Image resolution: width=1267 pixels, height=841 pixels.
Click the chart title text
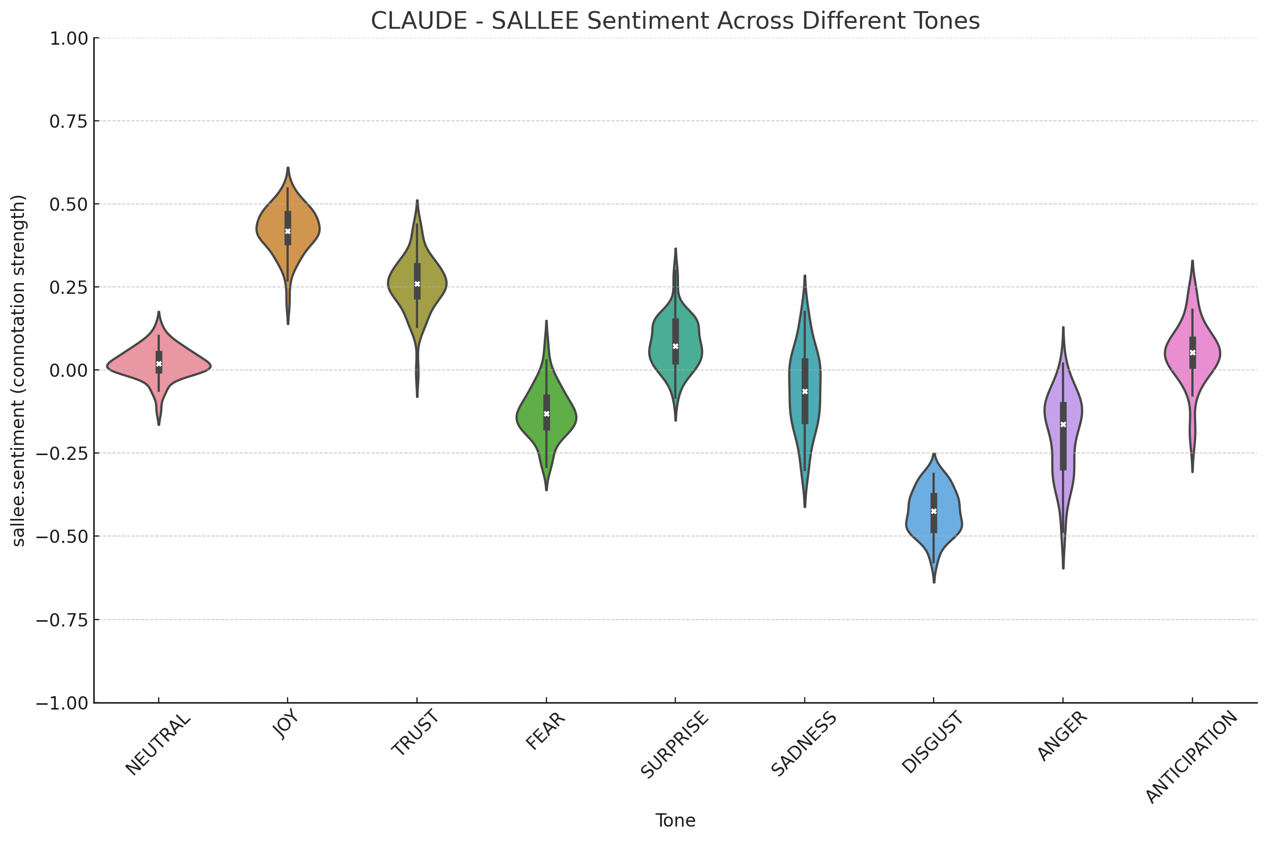(675, 21)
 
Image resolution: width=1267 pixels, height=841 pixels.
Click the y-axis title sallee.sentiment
(19, 370)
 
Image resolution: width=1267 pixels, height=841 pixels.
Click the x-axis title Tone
(675, 820)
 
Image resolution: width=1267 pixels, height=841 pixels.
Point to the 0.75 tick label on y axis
(69, 122)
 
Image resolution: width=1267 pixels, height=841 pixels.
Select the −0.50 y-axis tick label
(63, 537)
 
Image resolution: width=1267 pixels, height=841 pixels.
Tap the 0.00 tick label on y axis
(69, 370)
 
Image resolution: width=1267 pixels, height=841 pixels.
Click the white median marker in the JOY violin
(288, 231)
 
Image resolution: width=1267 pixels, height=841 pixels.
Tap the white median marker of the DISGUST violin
(934, 511)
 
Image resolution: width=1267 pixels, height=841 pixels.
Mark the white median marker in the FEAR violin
(546, 414)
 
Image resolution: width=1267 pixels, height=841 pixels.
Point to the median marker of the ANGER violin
(1063, 424)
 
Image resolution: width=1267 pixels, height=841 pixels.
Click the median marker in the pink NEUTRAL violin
(159, 364)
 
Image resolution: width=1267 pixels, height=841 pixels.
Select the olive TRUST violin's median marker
(417, 284)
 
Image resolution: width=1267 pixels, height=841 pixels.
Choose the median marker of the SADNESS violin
(804, 392)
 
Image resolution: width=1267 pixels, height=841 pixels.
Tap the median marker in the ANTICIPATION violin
(1192, 352)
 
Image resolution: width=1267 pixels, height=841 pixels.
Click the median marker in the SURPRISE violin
(675, 346)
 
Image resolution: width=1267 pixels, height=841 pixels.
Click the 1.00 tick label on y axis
(69, 39)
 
